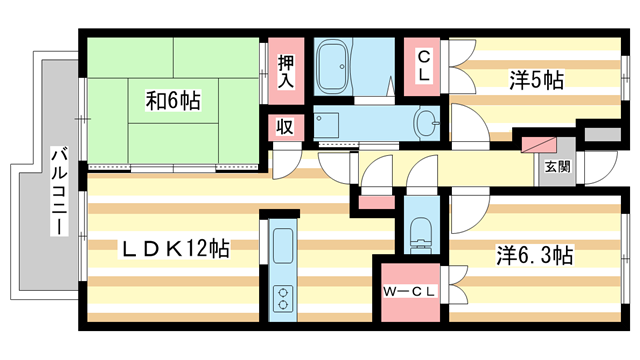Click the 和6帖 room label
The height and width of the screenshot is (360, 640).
(x=173, y=100)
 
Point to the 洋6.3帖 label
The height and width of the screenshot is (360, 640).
(x=535, y=254)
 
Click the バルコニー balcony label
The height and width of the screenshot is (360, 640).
(x=59, y=190)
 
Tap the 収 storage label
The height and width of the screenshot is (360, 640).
(x=285, y=127)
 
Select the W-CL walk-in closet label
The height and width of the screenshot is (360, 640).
(x=409, y=292)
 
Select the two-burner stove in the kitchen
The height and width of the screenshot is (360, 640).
(x=282, y=297)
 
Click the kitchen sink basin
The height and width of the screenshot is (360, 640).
(x=282, y=244)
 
